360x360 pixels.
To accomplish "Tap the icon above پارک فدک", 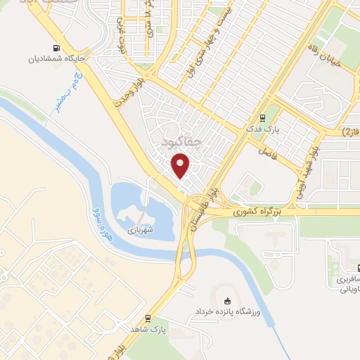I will coord(262,117).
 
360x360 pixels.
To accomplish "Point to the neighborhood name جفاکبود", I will coord(181,141).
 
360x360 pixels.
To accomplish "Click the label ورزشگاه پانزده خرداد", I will coord(226,310).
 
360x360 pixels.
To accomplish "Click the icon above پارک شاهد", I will coord(147,318).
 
